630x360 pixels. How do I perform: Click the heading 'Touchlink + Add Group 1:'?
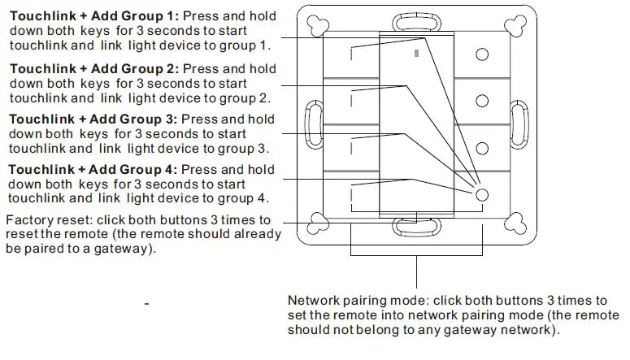pos(93,16)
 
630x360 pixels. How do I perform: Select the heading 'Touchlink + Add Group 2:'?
pos(93,69)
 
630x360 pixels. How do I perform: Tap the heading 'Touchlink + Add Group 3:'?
pos(93,119)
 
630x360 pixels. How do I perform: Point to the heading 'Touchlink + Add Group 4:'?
pos(93,170)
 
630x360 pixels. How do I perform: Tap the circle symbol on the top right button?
pos(482,54)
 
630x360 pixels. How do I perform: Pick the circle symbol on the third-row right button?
pos(482,148)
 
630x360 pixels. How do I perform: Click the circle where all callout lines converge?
pos(482,195)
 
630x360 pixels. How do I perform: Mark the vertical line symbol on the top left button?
pos(352,54)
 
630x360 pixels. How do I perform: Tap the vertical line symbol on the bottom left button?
pos(352,195)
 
